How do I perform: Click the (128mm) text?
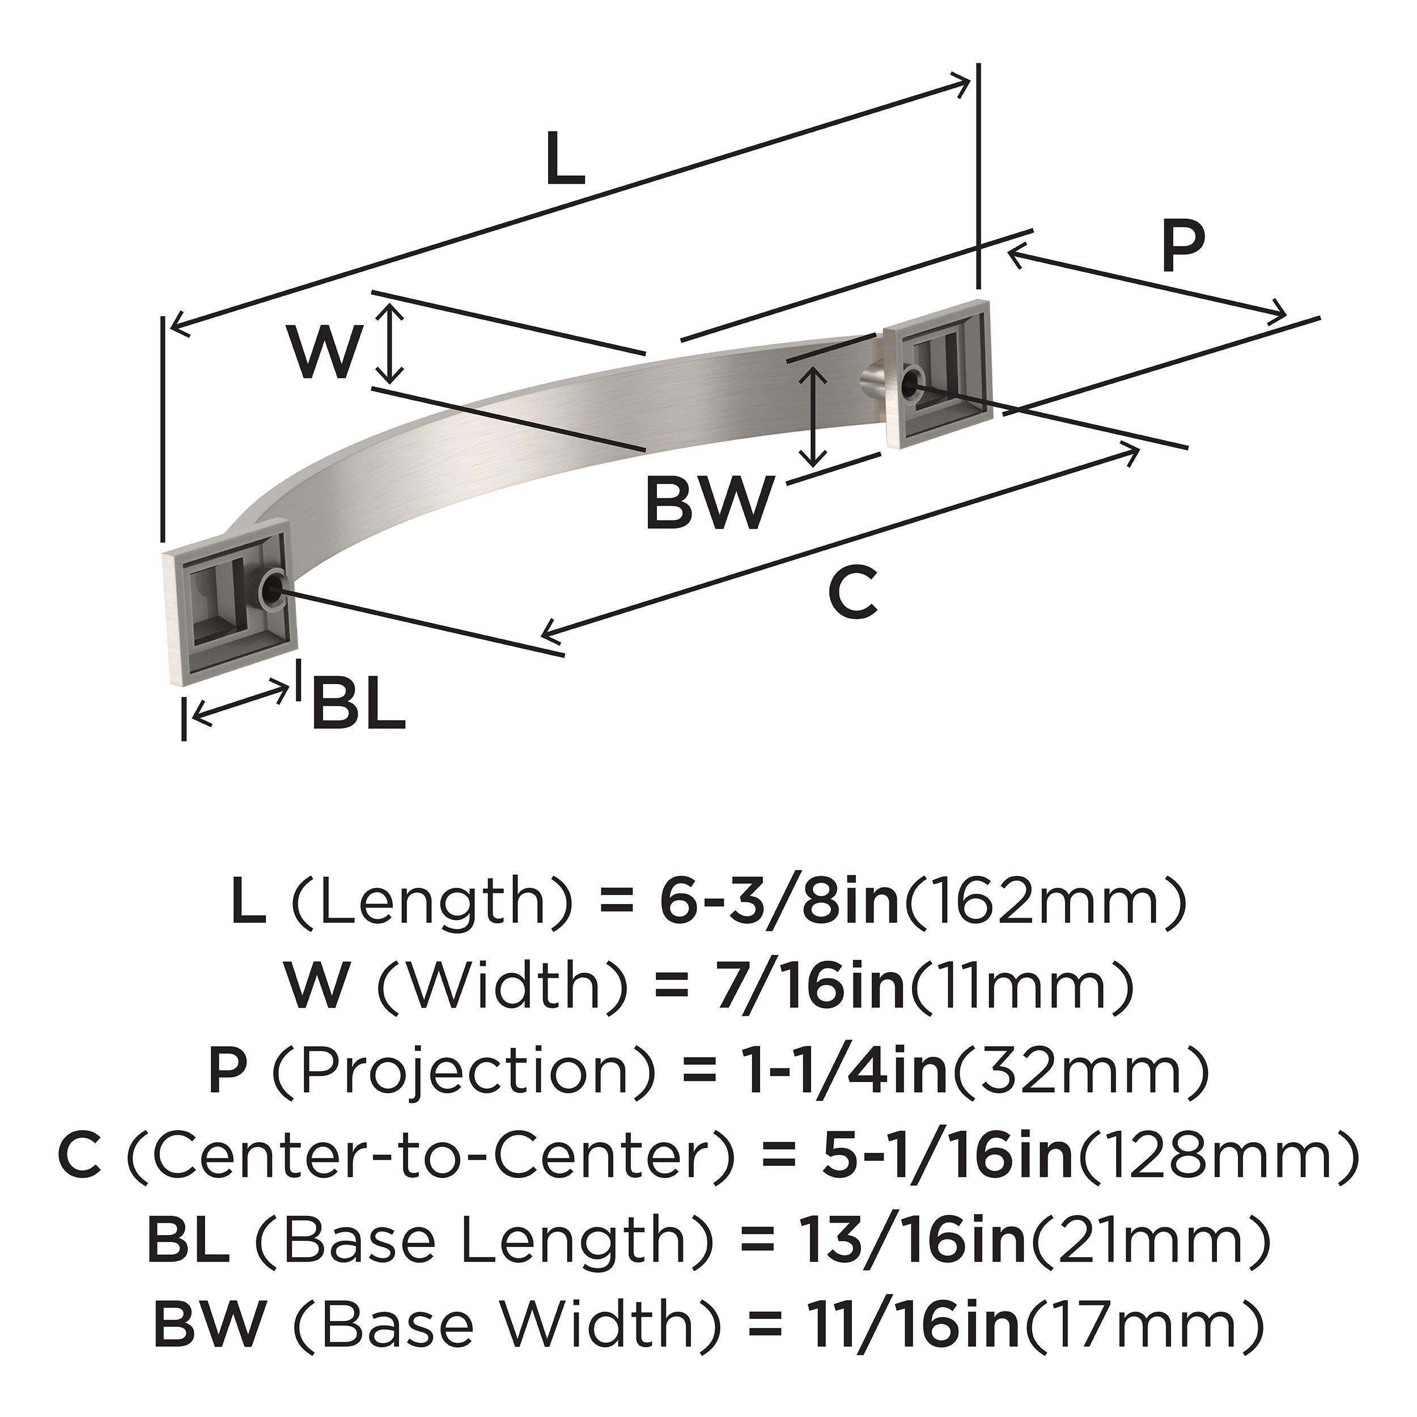click(x=1218, y=1153)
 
